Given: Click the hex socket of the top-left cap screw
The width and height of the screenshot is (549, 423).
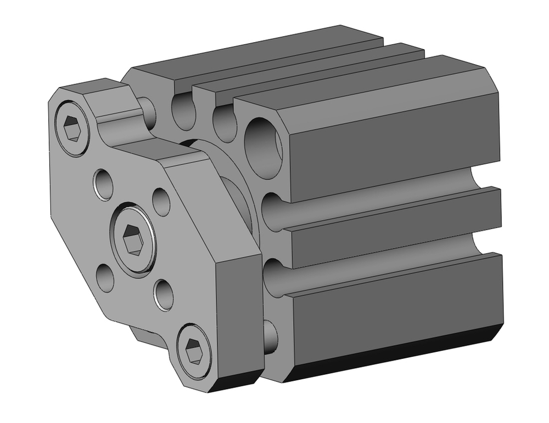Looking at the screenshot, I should pos(73,130).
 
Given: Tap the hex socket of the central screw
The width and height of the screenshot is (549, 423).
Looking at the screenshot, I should pos(133,239).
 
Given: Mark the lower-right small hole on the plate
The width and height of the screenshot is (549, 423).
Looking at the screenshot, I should pos(164,294).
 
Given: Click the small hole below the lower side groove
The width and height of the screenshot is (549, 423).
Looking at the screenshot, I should pos(271,335).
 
